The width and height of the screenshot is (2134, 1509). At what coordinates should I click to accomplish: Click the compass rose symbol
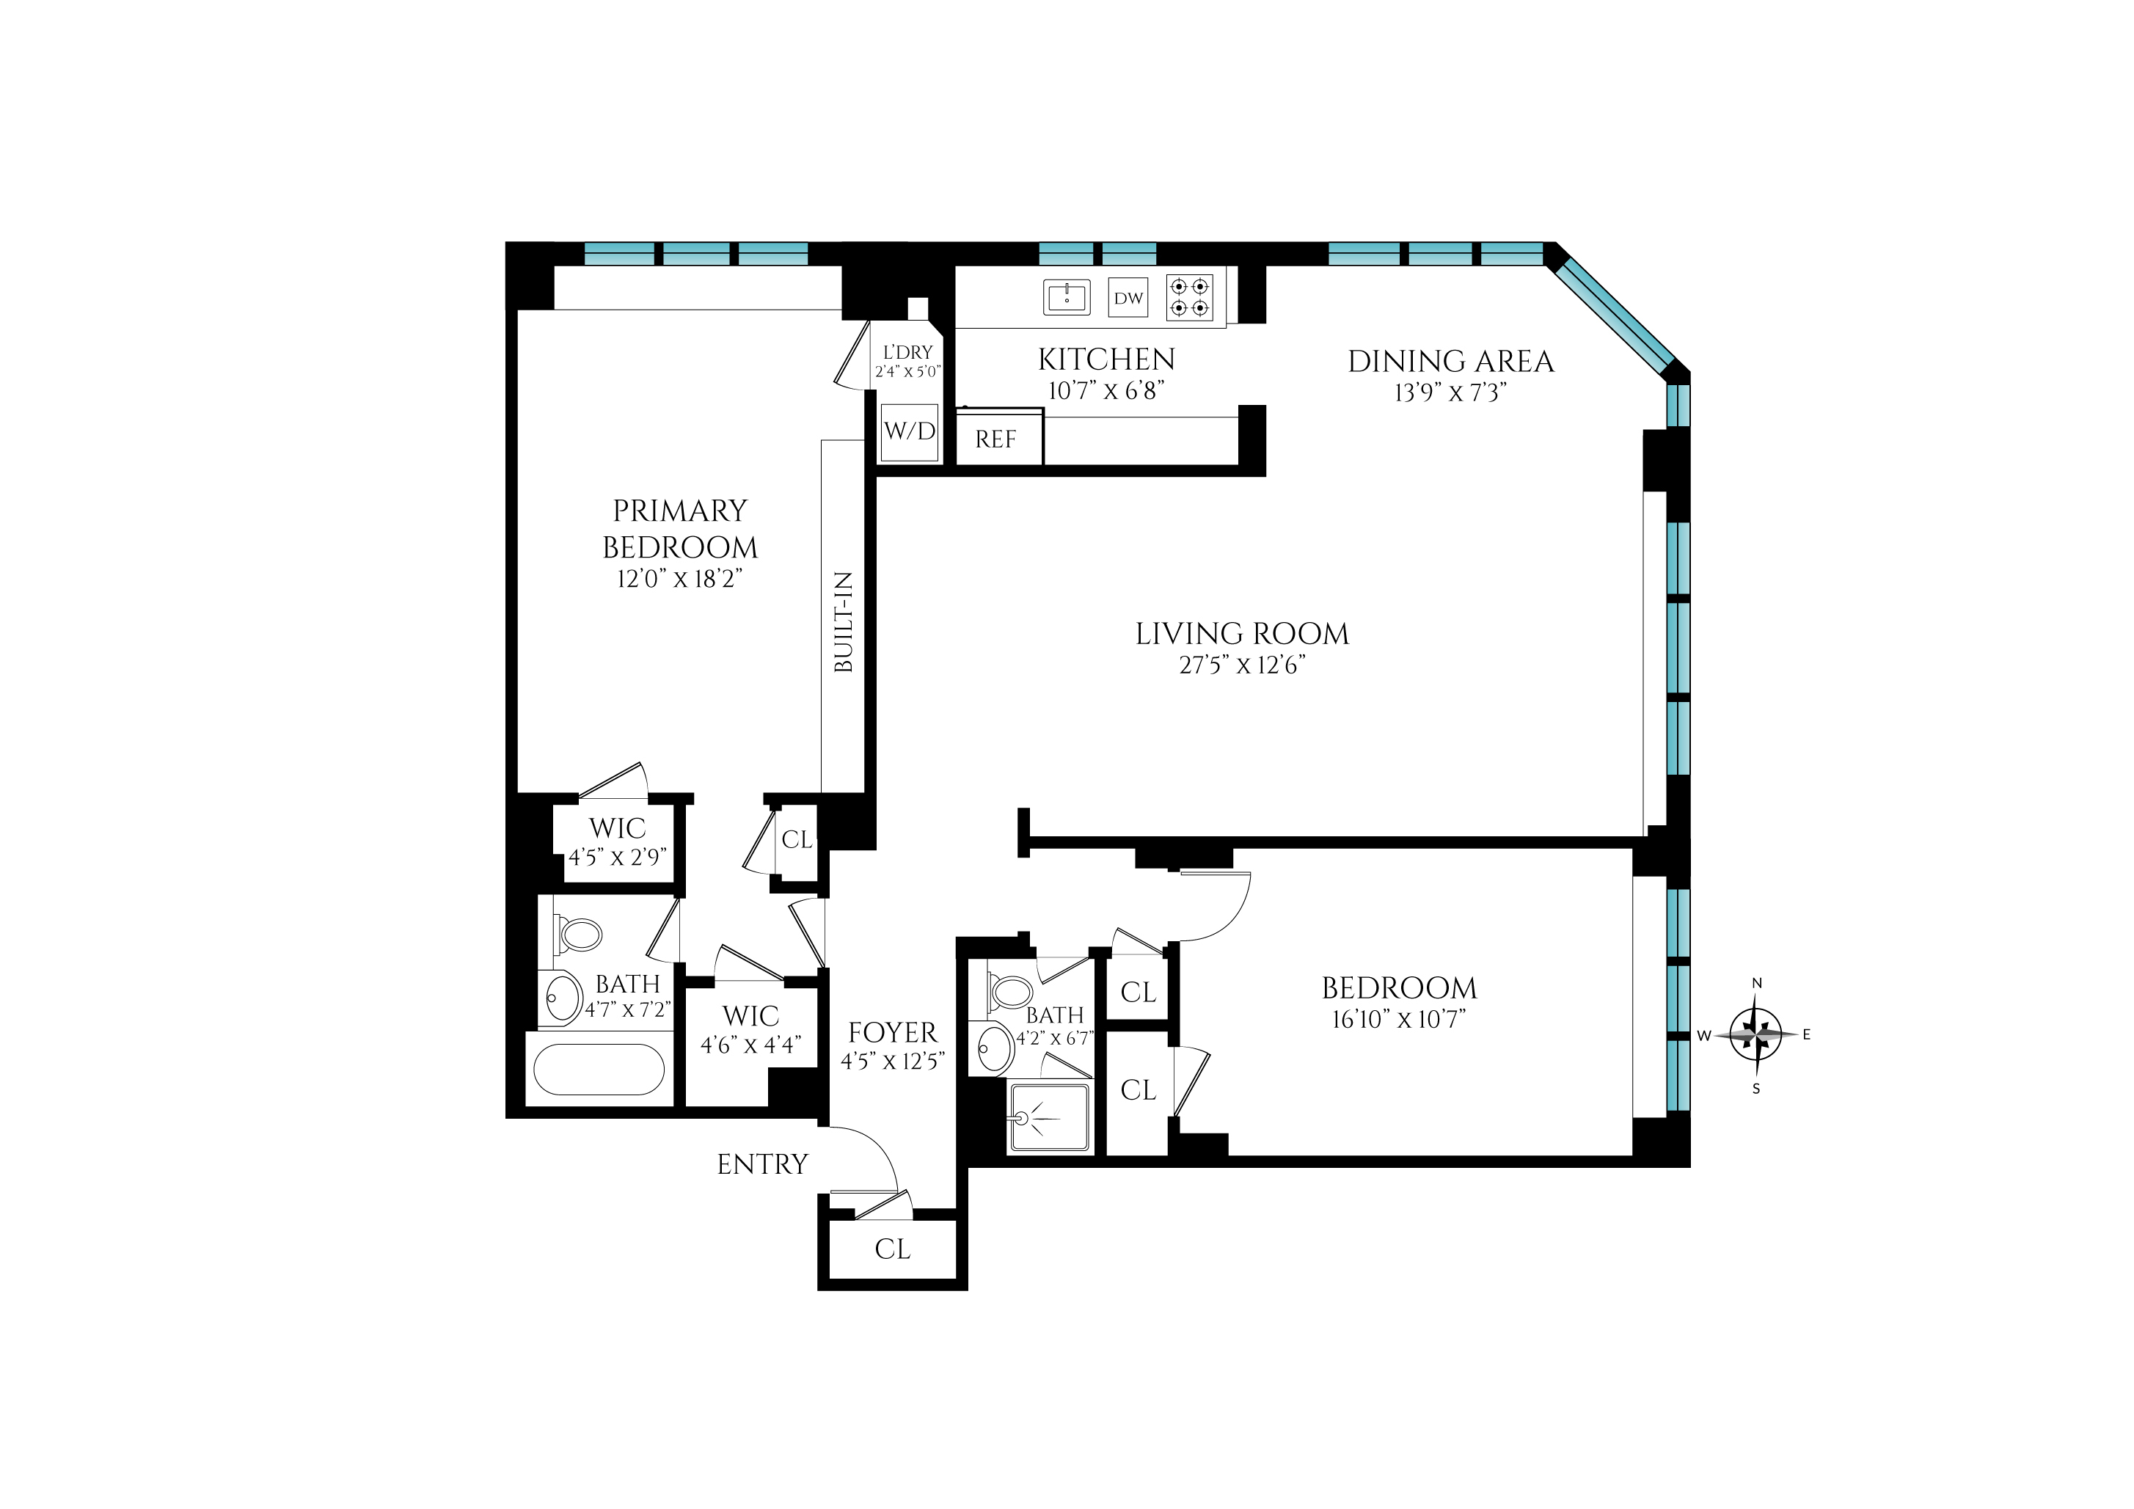1755,1034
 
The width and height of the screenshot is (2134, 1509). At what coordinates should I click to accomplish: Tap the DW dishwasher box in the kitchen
1128,299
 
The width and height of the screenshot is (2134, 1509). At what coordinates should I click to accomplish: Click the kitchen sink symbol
1066,297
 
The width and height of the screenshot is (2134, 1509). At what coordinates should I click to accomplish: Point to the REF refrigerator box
996,439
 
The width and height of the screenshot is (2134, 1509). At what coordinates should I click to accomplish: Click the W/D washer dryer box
910,432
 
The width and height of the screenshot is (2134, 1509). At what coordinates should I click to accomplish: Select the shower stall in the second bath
1050,1119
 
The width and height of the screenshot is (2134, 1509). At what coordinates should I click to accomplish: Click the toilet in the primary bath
577,934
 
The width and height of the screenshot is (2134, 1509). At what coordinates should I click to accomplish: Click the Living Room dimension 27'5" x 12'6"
1242,665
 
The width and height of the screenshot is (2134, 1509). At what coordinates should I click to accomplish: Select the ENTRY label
762,1164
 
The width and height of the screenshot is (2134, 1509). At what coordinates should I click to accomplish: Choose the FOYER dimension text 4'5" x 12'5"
892,1061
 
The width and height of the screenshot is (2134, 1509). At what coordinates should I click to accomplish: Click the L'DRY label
907,353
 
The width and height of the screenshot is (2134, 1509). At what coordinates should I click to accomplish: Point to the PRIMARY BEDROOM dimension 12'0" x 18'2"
679,579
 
